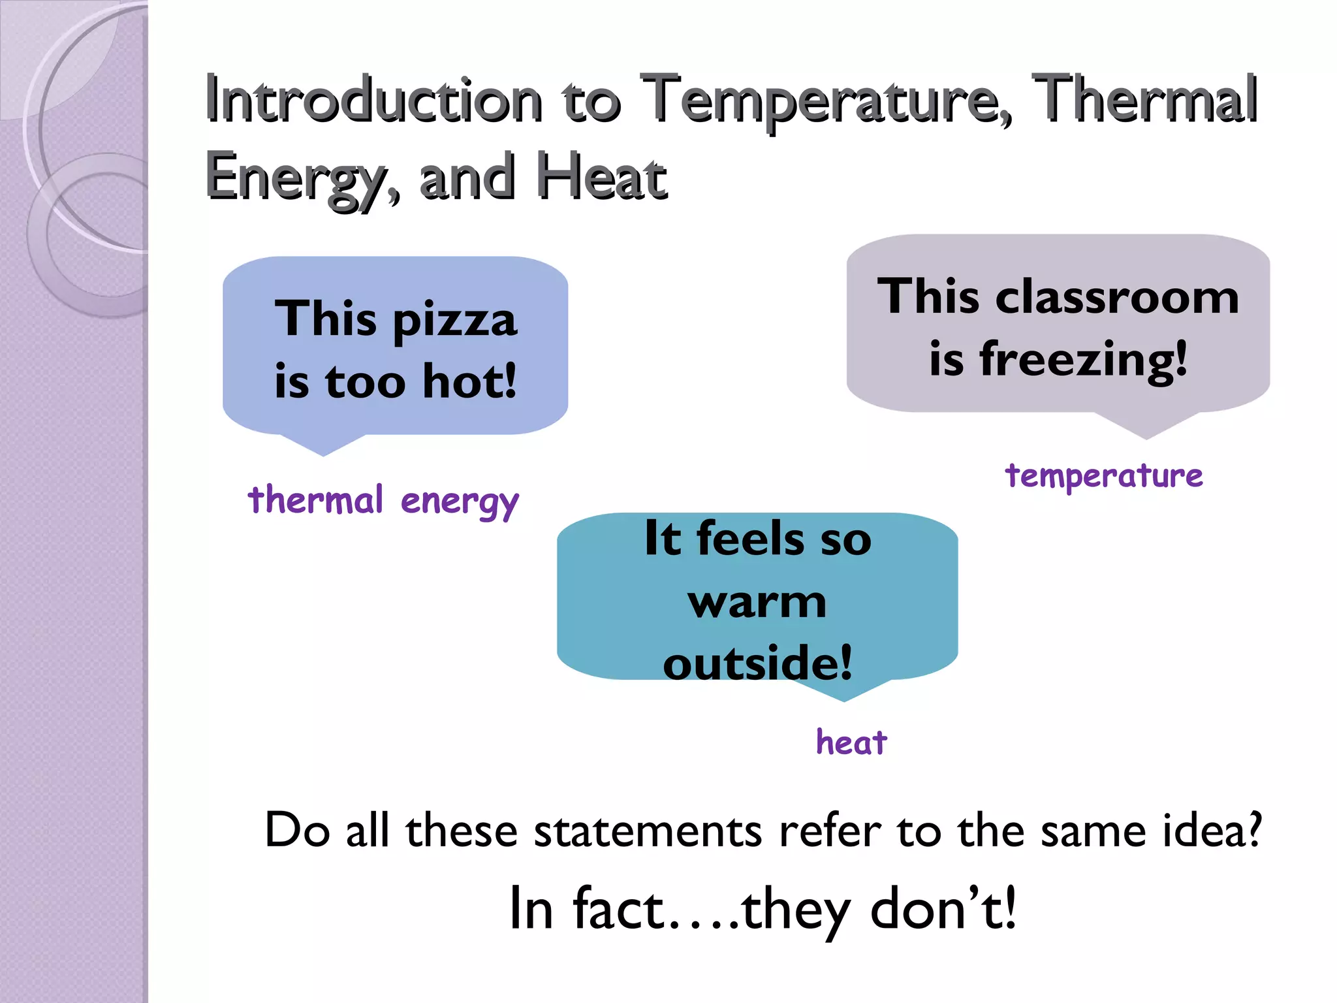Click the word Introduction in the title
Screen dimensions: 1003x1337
point(373,99)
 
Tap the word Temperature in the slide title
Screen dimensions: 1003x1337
point(826,99)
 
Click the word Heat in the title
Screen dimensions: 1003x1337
point(601,176)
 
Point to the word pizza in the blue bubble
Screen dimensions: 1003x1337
point(455,320)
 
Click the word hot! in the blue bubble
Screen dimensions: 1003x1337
point(469,381)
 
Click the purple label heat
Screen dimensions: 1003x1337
point(851,742)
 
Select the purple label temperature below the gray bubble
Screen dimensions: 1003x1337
point(1103,475)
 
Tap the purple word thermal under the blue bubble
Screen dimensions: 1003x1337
point(315,500)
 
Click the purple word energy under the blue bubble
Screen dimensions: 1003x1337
point(460,503)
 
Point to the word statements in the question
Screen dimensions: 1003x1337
point(648,831)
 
